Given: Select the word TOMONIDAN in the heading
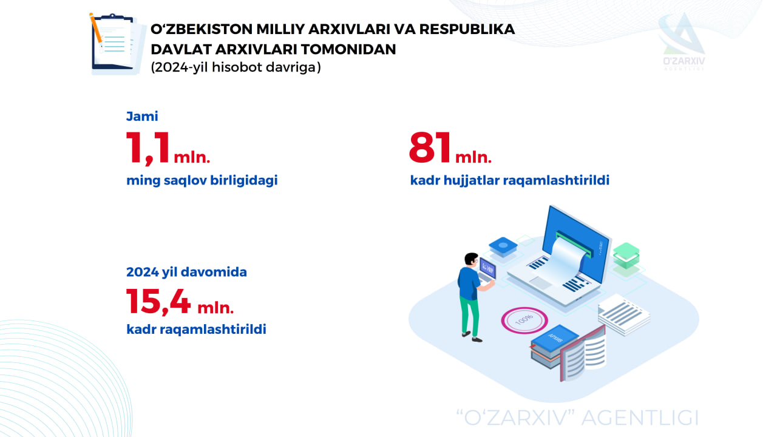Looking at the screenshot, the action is tap(348, 49).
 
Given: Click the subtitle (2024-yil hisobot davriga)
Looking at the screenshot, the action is tap(236, 67).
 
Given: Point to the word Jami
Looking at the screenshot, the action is tap(142, 116).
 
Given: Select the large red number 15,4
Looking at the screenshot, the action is tap(158, 302).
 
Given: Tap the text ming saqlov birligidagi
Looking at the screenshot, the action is tap(202, 180).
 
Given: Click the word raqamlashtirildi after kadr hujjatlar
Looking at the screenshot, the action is tap(556, 180).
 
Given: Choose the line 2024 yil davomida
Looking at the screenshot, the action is tap(186, 272).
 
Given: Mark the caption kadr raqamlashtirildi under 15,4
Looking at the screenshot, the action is tap(196, 329).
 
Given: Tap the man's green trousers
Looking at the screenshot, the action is tap(470, 315).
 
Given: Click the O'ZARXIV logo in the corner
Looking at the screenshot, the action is tap(684, 42).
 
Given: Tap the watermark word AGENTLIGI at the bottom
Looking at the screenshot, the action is tap(640, 418).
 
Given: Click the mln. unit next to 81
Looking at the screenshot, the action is tap(473, 157).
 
